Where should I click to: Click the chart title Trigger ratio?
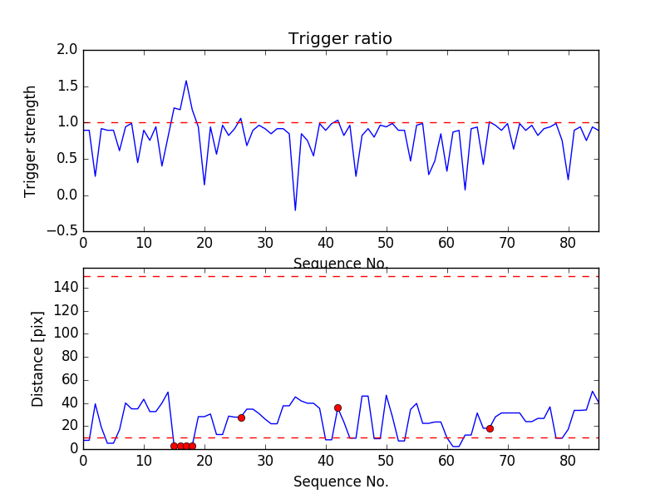tap(340, 39)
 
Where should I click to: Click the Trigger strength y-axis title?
tap(31, 141)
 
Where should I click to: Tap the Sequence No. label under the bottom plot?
tap(340, 482)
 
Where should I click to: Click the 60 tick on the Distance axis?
tap(69, 380)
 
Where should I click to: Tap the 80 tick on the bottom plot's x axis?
tap(569, 460)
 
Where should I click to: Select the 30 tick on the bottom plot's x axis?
tap(265, 460)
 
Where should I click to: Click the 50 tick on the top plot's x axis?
tap(386, 243)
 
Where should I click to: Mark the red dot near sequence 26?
tap(241, 417)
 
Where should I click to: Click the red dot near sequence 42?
tap(337, 408)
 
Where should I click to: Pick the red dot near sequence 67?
tap(490, 428)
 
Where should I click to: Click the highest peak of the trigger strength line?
tap(186, 81)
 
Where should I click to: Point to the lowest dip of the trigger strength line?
tap(295, 210)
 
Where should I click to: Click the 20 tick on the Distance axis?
tap(69, 426)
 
